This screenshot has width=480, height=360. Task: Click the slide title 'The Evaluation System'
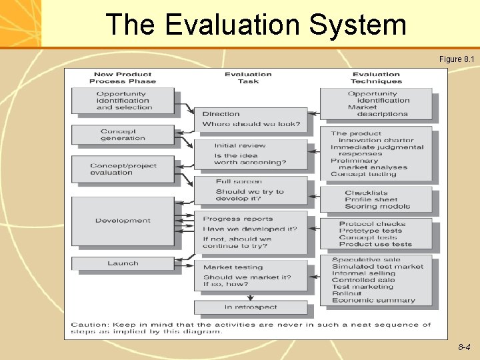point(256,25)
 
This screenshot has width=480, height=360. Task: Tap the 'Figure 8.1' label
point(457,59)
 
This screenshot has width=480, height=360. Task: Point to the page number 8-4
point(464,347)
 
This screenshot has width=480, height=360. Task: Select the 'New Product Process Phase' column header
point(123,78)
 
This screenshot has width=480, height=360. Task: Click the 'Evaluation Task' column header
point(248,78)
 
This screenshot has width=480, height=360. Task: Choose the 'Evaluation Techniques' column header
point(376,78)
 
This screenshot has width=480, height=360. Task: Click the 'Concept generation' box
point(123,135)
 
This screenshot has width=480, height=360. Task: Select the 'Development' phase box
point(123,221)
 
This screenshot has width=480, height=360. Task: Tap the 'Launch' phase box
point(123,263)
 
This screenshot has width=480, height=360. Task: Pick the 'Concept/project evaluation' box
point(123,169)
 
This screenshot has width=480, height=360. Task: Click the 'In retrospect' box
point(251,307)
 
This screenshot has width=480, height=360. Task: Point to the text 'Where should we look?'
point(251,124)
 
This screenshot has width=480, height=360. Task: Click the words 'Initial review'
point(240,145)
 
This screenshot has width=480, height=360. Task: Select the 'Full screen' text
point(239,181)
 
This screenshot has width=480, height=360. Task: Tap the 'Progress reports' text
point(238,219)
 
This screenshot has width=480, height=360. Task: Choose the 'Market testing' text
point(233,267)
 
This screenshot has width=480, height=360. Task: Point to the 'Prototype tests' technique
point(371,231)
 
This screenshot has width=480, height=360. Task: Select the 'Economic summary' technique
point(373,301)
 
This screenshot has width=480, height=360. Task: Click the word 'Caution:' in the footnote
point(89,325)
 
